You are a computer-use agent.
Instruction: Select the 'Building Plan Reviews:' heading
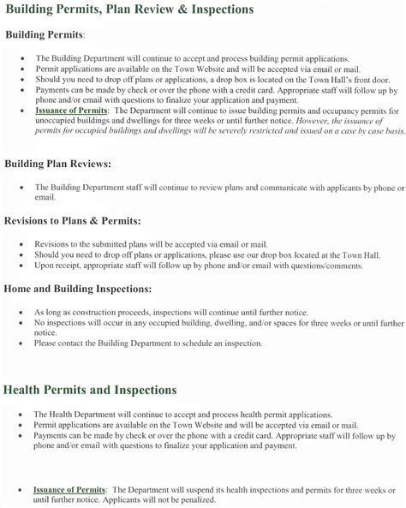(x=69, y=163)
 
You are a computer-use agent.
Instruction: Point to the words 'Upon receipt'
(x=56, y=266)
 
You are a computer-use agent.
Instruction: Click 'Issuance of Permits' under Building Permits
(x=72, y=111)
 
